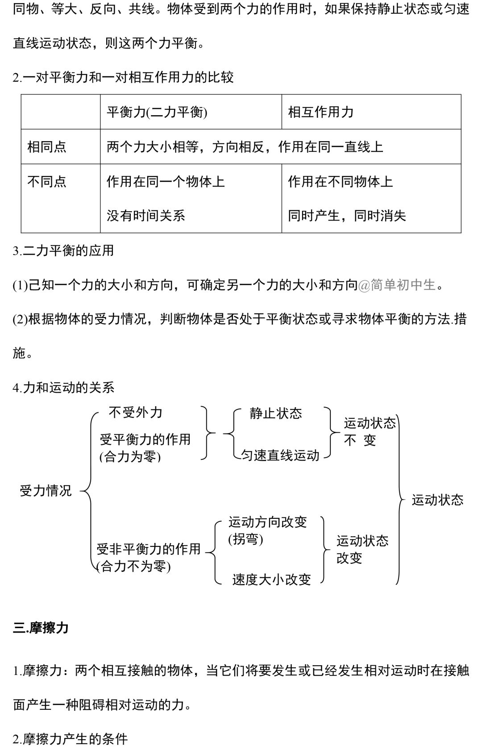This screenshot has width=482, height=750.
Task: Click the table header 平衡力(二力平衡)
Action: (157, 112)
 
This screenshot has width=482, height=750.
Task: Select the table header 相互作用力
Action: (320, 112)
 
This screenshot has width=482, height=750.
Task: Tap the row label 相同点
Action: (47, 147)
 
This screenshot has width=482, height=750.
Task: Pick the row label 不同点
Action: (47, 182)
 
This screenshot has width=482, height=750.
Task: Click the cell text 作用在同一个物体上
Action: (166, 182)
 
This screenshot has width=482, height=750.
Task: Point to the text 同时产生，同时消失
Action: (347, 216)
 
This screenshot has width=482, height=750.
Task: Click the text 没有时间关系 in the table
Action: (146, 216)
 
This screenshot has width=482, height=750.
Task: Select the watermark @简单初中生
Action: (397, 285)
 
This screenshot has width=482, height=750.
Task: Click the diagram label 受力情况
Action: (46, 491)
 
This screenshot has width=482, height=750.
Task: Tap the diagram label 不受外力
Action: (136, 412)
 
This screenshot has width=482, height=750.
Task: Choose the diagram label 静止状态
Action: (276, 413)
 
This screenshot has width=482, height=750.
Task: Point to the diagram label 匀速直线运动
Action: (280, 455)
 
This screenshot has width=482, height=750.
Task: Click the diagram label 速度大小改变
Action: (271, 579)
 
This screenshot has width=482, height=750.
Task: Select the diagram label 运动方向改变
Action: (268, 522)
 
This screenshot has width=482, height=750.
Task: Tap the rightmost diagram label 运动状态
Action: (437, 500)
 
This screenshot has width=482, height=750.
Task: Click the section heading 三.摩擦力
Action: (41, 628)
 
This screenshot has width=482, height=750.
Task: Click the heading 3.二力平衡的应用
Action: (63, 250)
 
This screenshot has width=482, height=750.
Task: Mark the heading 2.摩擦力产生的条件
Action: (70, 739)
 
